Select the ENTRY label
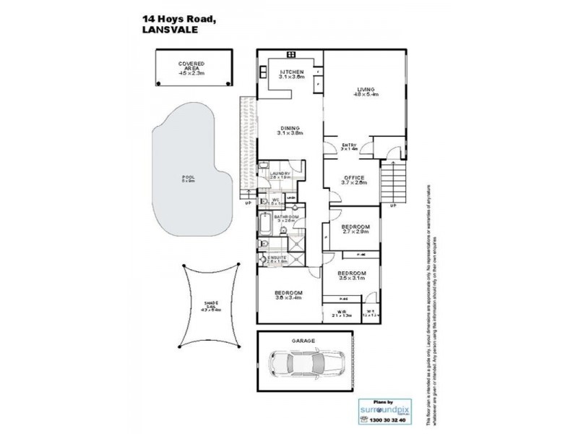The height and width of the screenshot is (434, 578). tap(350, 146)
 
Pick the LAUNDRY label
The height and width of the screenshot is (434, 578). tap(280, 174)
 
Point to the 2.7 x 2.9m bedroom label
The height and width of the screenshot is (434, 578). tap(355, 229)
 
